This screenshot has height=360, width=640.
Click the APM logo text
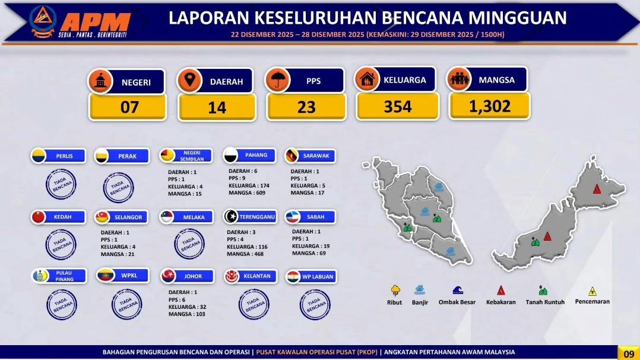click(96, 21)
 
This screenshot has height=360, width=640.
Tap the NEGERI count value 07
click(129, 108)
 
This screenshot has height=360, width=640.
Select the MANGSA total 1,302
click(490, 107)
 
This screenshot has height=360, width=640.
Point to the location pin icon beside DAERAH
click(189, 79)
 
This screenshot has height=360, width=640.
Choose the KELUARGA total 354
click(398, 107)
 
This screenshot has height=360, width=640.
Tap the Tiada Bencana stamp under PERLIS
click(61, 184)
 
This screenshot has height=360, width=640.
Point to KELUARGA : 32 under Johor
click(188, 307)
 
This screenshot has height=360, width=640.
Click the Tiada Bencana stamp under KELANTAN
click(254, 304)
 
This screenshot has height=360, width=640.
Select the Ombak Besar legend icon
click(458, 290)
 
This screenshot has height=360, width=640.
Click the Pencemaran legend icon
click(593, 291)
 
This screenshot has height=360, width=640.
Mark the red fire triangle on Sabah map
click(597, 189)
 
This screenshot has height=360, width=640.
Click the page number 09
click(629, 353)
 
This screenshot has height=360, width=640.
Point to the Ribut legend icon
click(395, 290)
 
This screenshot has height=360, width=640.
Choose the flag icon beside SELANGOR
click(102, 217)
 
